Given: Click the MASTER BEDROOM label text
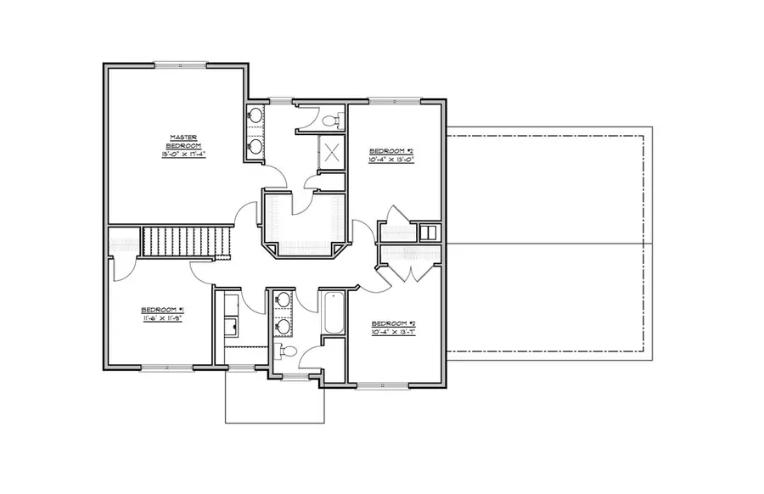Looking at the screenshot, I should [x=183, y=140].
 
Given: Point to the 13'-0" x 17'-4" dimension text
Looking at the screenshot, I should [x=183, y=154].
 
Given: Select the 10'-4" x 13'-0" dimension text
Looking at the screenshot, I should [x=390, y=159].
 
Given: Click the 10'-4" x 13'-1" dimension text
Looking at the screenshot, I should [x=392, y=332].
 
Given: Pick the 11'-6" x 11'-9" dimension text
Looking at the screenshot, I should [x=162, y=318].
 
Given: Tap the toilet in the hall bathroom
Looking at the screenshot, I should [x=288, y=351].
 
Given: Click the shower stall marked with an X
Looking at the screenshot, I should [x=330, y=153].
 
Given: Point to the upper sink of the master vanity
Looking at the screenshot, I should [x=255, y=116].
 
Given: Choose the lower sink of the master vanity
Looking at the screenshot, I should [x=255, y=146].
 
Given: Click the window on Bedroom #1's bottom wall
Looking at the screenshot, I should [x=166, y=368].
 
